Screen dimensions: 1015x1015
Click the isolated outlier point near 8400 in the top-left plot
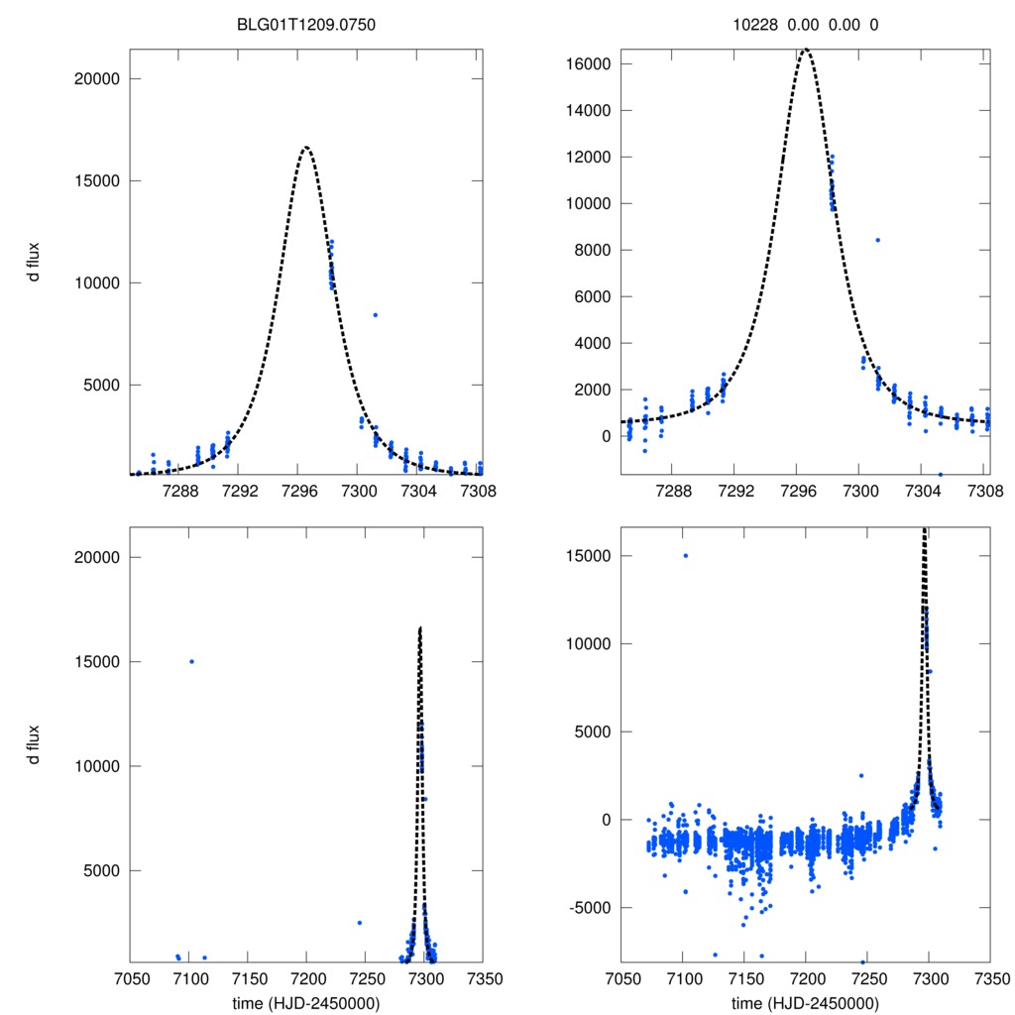tap(375, 315)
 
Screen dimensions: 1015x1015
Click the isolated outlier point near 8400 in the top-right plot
tap(877, 240)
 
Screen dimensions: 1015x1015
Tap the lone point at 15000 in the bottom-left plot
tap(191, 661)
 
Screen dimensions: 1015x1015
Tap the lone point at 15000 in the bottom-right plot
tap(685, 555)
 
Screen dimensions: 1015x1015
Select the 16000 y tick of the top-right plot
tap(590, 64)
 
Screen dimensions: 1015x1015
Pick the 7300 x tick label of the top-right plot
tap(859, 491)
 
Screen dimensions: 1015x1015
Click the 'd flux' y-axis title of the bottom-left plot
tap(34, 744)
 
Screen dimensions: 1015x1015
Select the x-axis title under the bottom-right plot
tap(805, 1002)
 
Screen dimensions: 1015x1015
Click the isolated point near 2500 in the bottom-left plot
tap(359, 923)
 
